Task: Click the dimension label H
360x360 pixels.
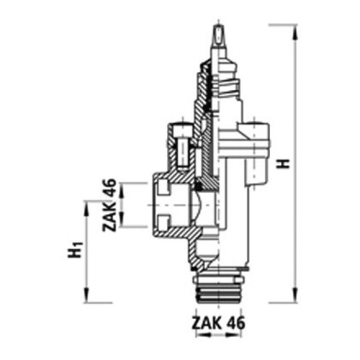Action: click(285, 163)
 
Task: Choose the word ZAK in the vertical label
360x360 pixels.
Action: click(110, 219)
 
